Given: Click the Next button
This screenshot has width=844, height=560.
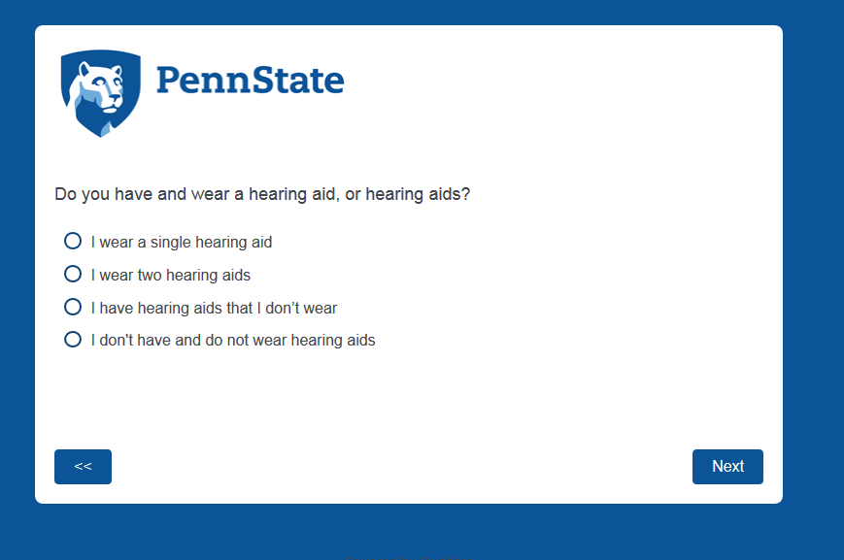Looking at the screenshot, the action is (727, 467).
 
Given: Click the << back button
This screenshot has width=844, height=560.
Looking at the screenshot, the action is (83, 467).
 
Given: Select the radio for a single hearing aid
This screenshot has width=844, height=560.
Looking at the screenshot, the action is (73, 241).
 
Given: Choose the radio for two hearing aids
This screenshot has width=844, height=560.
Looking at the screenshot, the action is (73, 274).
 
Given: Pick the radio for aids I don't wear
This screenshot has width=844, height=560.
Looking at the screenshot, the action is (73, 307).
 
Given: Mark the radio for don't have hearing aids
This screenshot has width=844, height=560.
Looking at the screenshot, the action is (73, 340).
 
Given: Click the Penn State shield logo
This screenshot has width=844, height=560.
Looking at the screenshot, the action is (101, 93).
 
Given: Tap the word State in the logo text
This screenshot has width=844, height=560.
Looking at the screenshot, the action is (297, 81).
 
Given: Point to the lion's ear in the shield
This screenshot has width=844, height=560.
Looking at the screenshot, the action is (84, 68).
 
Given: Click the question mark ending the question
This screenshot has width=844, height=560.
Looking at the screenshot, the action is (465, 194).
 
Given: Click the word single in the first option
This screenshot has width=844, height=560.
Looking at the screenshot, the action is (170, 243).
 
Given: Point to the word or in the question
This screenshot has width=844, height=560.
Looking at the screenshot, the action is (353, 194).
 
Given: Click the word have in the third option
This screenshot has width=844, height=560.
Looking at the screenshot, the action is (117, 308).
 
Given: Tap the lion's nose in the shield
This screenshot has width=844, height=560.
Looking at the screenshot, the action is (117, 98).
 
